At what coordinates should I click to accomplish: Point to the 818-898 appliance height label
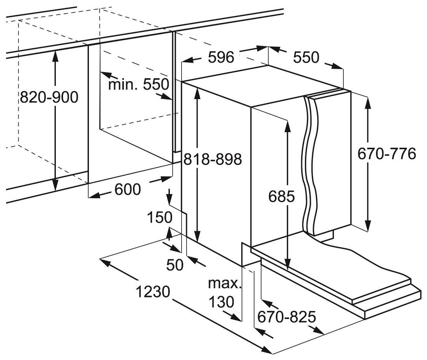click(x=213, y=160)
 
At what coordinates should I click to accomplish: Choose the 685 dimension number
click(x=281, y=196)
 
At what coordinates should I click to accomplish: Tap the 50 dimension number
click(x=176, y=265)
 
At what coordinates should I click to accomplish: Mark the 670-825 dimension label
click(x=286, y=316)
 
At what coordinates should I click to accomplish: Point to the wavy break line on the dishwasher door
click(x=310, y=163)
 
